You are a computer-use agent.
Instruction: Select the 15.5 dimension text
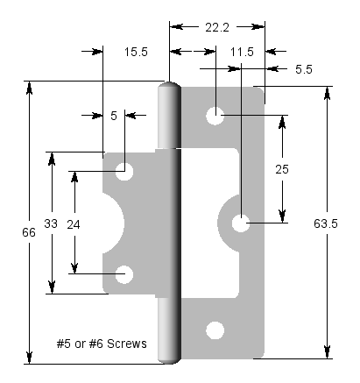pyautogui.click(x=136, y=53)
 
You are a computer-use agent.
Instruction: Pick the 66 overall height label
pyautogui.click(x=30, y=232)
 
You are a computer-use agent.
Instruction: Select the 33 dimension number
pyautogui.click(x=51, y=223)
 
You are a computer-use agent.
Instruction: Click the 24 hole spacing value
pyautogui.click(x=74, y=223)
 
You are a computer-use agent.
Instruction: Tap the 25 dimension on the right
pyautogui.click(x=282, y=169)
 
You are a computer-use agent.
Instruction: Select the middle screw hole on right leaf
pyautogui.click(x=241, y=223)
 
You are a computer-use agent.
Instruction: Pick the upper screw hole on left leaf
pyautogui.click(x=125, y=172)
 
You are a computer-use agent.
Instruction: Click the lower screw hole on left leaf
pyautogui.click(x=125, y=274)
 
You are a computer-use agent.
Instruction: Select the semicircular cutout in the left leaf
pyautogui.click(x=114, y=223)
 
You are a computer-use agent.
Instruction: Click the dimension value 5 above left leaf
pyautogui.click(x=114, y=115)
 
